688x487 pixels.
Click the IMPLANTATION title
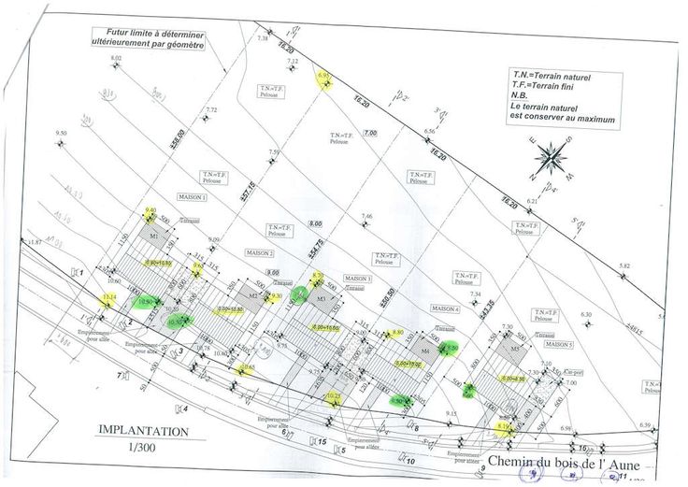click(x=143, y=432)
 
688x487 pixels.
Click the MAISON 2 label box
click(x=259, y=253)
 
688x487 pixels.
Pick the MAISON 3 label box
click(x=355, y=279)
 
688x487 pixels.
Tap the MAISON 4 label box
click(x=445, y=308)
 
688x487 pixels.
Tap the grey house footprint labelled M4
click(x=424, y=351)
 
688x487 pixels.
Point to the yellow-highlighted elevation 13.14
click(x=109, y=299)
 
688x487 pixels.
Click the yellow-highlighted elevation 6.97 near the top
click(x=324, y=76)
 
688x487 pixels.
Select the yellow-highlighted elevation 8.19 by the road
click(x=503, y=426)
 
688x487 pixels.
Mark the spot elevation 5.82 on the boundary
click(x=623, y=266)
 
